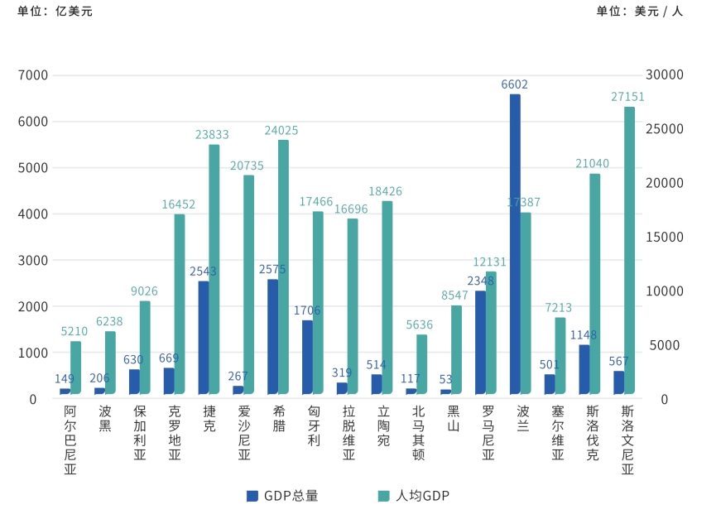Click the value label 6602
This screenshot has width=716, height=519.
pyautogui.click(x=514, y=84)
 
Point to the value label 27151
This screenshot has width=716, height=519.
pyautogui.click(x=627, y=97)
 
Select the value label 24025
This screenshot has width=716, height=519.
pyautogui.click(x=281, y=130)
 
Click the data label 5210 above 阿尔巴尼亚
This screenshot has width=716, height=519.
pyautogui.click(x=74, y=331)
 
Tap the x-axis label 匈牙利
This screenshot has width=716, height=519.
pyautogui.click(x=314, y=425)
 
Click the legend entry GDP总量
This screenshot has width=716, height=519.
pyautogui.click(x=282, y=496)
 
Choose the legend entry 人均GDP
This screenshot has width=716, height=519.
pyautogui.click(x=413, y=496)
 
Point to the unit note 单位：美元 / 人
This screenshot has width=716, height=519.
pyautogui.click(x=639, y=12)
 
